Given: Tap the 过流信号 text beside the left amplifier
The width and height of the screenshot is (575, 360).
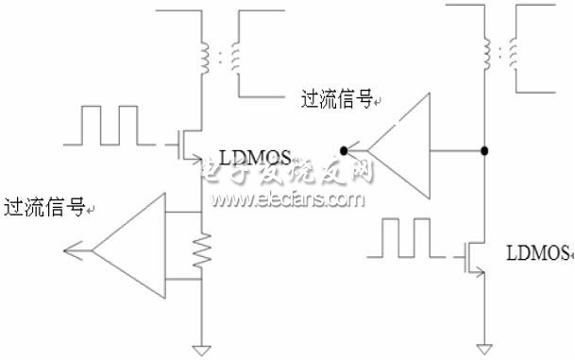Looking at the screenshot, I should (43, 207).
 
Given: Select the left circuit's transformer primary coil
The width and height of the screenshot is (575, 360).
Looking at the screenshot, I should (202, 58).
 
